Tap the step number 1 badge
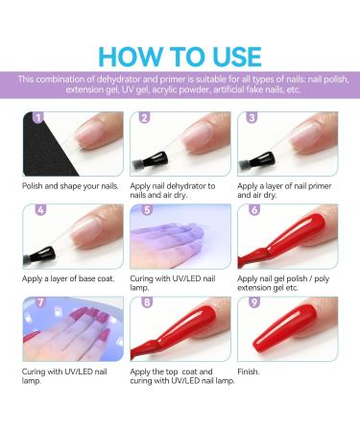coord(38,118)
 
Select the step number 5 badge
coord(147,210)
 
